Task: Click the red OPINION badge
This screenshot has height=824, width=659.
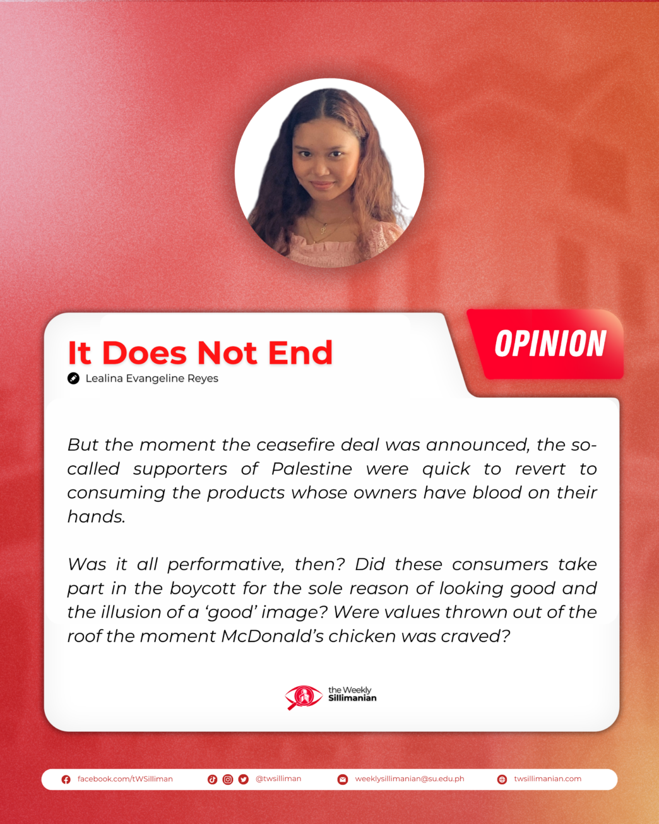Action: click(x=545, y=344)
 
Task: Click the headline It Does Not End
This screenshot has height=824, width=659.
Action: click(x=200, y=353)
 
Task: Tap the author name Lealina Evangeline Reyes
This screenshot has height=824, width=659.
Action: click(x=151, y=378)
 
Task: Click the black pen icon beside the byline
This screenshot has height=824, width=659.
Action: click(x=73, y=378)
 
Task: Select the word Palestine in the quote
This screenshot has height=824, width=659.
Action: click(x=312, y=469)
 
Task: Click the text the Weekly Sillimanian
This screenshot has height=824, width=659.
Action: click(x=352, y=694)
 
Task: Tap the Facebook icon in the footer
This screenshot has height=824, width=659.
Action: click(x=66, y=779)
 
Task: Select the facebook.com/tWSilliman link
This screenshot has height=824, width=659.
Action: click(x=125, y=779)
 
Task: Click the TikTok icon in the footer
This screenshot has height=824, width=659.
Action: click(x=212, y=779)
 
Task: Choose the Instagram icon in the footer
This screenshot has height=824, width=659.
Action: click(x=227, y=779)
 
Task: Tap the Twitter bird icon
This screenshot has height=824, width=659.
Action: click(x=243, y=779)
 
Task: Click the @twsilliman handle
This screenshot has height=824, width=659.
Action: click(x=278, y=779)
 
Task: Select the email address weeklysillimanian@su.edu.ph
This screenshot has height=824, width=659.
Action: click(x=409, y=779)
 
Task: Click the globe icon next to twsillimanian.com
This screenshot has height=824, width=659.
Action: click(x=502, y=779)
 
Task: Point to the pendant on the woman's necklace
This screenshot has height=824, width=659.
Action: click(x=324, y=229)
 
